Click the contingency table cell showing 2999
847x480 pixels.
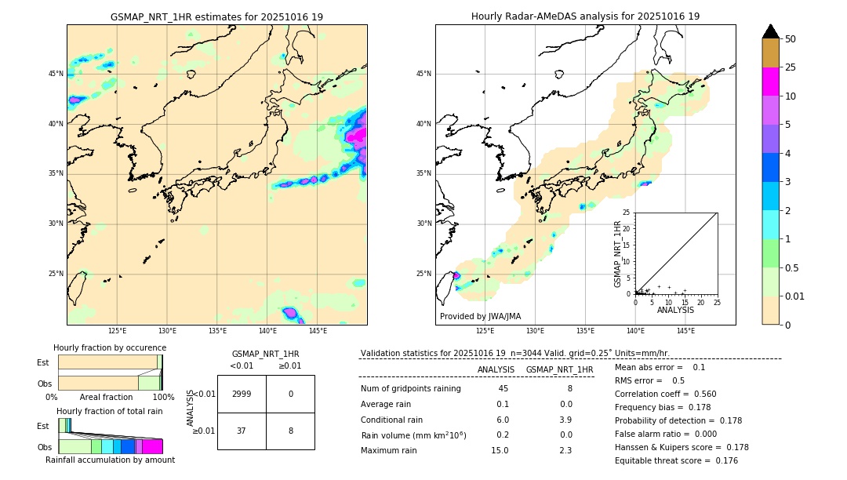click(x=242, y=394)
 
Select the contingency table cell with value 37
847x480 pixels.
click(x=242, y=431)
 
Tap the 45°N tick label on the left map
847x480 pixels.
click(x=56, y=74)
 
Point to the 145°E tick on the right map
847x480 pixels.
click(x=685, y=331)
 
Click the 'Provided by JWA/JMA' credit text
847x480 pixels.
click(x=480, y=317)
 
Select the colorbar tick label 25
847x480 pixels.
click(x=791, y=67)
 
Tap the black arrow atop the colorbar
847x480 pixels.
click(x=771, y=31)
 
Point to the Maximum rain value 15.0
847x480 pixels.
click(x=500, y=450)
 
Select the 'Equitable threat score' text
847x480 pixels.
click(x=664, y=460)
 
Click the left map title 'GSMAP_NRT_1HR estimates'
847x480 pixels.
click(x=216, y=17)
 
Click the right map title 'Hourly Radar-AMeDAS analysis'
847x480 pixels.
click(x=585, y=16)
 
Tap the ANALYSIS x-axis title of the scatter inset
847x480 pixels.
click(x=675, y=310)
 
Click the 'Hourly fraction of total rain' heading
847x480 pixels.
click(x=110, y=411)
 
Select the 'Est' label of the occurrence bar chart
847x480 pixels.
click(x=42, y=362)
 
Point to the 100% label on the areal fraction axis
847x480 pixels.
click(x=163, y=398)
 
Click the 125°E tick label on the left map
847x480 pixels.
click(x=118, y=331)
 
